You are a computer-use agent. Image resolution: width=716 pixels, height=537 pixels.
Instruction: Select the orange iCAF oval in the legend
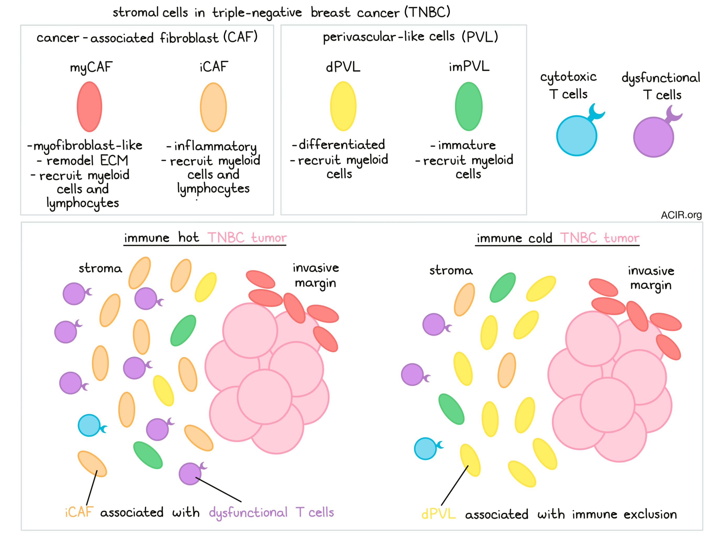(x=213, y=107)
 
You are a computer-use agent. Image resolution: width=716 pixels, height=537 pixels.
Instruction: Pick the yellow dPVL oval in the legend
(x=343, y=106)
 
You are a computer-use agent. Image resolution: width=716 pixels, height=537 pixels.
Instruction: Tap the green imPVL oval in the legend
(x=468, y=106)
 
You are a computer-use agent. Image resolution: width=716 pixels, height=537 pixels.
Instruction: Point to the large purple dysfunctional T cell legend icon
(x=653, y=137)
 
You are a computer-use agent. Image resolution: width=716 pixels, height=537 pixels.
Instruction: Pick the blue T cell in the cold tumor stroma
(x=425, y=448)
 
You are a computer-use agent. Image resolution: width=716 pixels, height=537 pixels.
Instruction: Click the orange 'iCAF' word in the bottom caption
(x=79, y=512)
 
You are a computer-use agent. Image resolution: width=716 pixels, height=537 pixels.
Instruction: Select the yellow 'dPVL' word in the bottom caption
(x=438, y=514)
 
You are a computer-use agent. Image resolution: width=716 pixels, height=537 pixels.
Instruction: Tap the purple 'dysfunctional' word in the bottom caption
(x=248, y=512)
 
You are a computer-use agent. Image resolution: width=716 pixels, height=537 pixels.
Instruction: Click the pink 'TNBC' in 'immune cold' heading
(x=578, y=238)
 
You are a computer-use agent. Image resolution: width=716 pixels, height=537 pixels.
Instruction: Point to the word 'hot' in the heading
(x=188, y=237)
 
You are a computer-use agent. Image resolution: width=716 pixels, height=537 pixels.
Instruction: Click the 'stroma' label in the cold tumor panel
(x=451, y=270)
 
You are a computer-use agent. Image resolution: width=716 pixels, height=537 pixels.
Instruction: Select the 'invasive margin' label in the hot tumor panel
(x=315, y=275)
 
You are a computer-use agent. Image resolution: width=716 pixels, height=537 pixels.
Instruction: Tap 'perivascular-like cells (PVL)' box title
(x=410, y=37)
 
